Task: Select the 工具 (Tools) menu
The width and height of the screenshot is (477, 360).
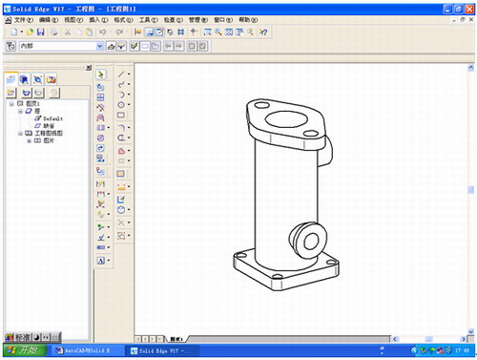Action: [x=147, y=19]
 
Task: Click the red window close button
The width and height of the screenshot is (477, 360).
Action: [x=467, y=6]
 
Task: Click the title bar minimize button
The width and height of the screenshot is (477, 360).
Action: [x=446, y=6]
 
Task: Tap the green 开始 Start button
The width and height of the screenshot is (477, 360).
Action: [x=21, y=351]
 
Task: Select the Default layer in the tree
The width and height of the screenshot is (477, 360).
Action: [x=52, y=118]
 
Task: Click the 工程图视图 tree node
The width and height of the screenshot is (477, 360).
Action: [x=52, y=134]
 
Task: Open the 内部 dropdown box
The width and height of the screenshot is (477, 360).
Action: [x=98, y=45]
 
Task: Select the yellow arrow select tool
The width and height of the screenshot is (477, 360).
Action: [x=102, y=73]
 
